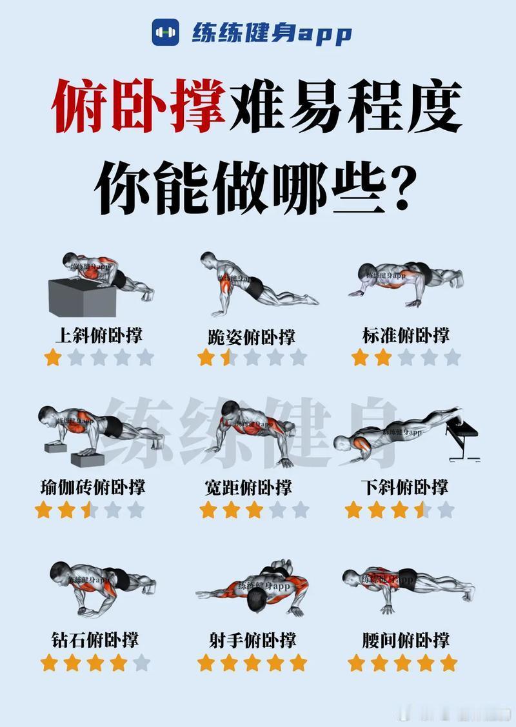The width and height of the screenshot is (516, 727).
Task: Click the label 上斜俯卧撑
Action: tap(99, 335)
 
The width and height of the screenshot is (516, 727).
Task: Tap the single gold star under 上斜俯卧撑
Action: tap(53, 358)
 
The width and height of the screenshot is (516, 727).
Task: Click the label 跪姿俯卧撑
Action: tap(252, 336)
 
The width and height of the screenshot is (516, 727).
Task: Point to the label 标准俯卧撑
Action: tap(406, 335)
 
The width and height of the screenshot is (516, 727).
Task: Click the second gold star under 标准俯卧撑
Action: tap(383, 358)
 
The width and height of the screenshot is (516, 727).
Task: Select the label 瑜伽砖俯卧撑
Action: tap(92, 487)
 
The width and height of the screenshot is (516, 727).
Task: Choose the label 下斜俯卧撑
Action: tap(405, 487)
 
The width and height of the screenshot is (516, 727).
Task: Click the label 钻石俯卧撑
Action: tap(95, 639)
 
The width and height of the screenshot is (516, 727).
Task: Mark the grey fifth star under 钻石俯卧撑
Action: tap(141, 662)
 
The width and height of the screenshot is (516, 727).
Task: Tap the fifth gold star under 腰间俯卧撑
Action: tap(448, 662)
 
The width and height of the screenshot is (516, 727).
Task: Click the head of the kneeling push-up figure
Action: tap(208, 261)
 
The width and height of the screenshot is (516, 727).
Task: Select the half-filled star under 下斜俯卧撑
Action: tap(422, 510)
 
